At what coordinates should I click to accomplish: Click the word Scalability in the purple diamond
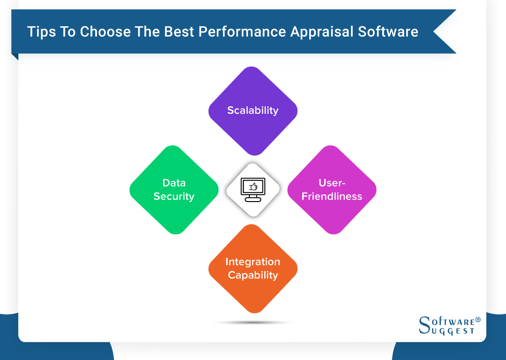pos(253,111)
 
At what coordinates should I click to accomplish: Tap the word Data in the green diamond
pos(174,183)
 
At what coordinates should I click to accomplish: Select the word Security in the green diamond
pos(174,196)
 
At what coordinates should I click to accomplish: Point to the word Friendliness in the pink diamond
pos(332,196)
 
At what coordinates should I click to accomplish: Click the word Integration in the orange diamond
pos(253,262)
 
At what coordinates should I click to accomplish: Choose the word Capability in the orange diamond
pos(253,275)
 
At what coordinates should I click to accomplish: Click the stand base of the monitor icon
pos(253,200)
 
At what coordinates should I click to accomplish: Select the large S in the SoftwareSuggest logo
pos(424,324)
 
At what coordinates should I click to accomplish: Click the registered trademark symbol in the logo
pos(478,320)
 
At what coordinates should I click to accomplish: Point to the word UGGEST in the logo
pos(452,331)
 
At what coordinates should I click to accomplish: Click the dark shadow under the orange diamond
pos(253,322)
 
